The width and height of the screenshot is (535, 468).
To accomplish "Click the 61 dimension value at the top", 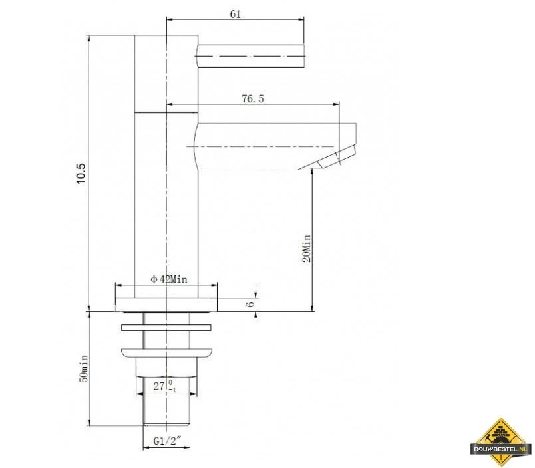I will click(x=234, y=13).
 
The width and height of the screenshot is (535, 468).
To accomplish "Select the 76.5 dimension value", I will click(x=253, y=99).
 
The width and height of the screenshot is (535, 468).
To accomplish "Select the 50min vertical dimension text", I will click(x=84, y=368).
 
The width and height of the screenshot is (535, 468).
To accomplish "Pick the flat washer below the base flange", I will click(x=166, y=327).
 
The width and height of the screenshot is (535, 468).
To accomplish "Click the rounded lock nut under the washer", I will click(x=166, y=353).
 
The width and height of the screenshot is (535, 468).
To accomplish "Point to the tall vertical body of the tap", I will click(x=166, y=199).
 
